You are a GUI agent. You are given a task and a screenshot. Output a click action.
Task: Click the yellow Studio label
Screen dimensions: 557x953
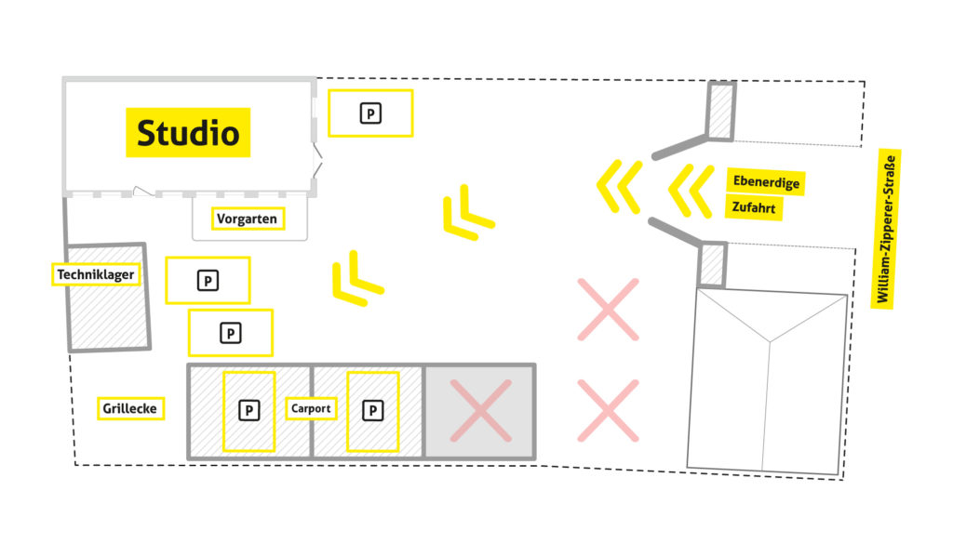pos(188,132)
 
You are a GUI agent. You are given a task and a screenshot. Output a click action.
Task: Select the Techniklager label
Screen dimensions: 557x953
pos(96,274)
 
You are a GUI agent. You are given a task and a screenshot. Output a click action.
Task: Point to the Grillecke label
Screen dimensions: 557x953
pos(130,408)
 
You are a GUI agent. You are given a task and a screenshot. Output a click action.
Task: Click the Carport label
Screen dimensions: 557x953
pos(311,408)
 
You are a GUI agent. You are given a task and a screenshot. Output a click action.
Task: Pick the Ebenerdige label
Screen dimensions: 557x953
pos(766,182)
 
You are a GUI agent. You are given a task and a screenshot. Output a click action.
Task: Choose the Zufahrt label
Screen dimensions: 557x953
pos(753,206)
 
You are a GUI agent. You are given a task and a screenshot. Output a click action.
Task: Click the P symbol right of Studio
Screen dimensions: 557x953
pos(370,113)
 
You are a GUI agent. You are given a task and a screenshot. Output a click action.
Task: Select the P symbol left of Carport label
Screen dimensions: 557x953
pos(248,409)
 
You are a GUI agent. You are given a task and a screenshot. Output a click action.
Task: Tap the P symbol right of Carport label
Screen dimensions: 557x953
pos(372,409)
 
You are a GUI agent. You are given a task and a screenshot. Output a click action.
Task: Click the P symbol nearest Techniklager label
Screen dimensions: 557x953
pos(208,280)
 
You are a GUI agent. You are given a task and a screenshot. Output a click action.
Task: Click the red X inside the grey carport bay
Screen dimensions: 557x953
pos(480,411)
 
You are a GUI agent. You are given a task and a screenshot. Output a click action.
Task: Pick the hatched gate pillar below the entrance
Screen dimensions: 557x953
pos(712,265)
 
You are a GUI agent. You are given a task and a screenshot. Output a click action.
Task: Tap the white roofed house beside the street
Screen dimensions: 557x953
pos(768,381)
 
